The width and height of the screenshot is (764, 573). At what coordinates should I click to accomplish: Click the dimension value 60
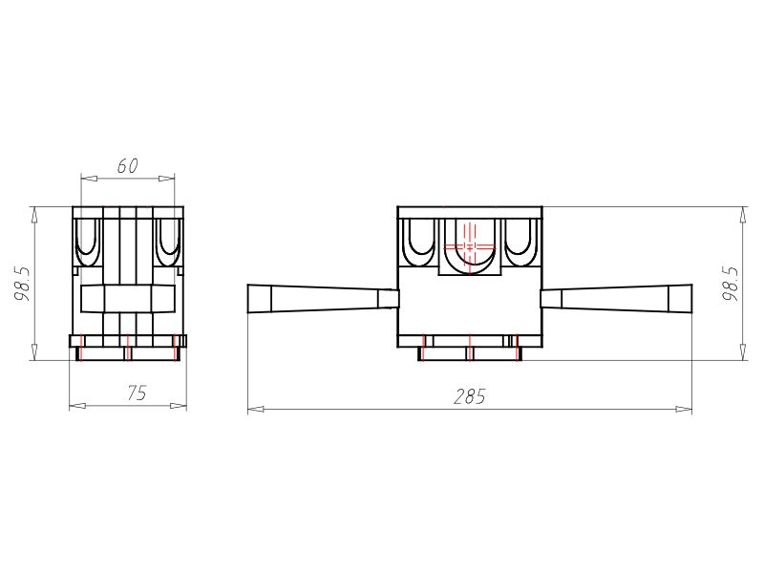tap(128, 166)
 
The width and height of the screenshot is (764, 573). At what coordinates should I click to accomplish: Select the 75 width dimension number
tap(137, 393)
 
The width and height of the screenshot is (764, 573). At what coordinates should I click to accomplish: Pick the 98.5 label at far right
tap(732, 284)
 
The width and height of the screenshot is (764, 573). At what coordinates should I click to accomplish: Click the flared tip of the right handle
tap(680, 298)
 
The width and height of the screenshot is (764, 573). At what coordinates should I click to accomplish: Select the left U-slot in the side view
tap(87, 241)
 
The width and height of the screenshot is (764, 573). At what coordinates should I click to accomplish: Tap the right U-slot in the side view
tap(168, 241)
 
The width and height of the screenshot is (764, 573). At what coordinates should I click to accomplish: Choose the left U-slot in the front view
tap(420, 241)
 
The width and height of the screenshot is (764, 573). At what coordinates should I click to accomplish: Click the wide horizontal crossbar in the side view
tap(128, 299)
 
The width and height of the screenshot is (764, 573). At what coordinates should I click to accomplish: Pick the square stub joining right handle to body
tap(550, 298)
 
